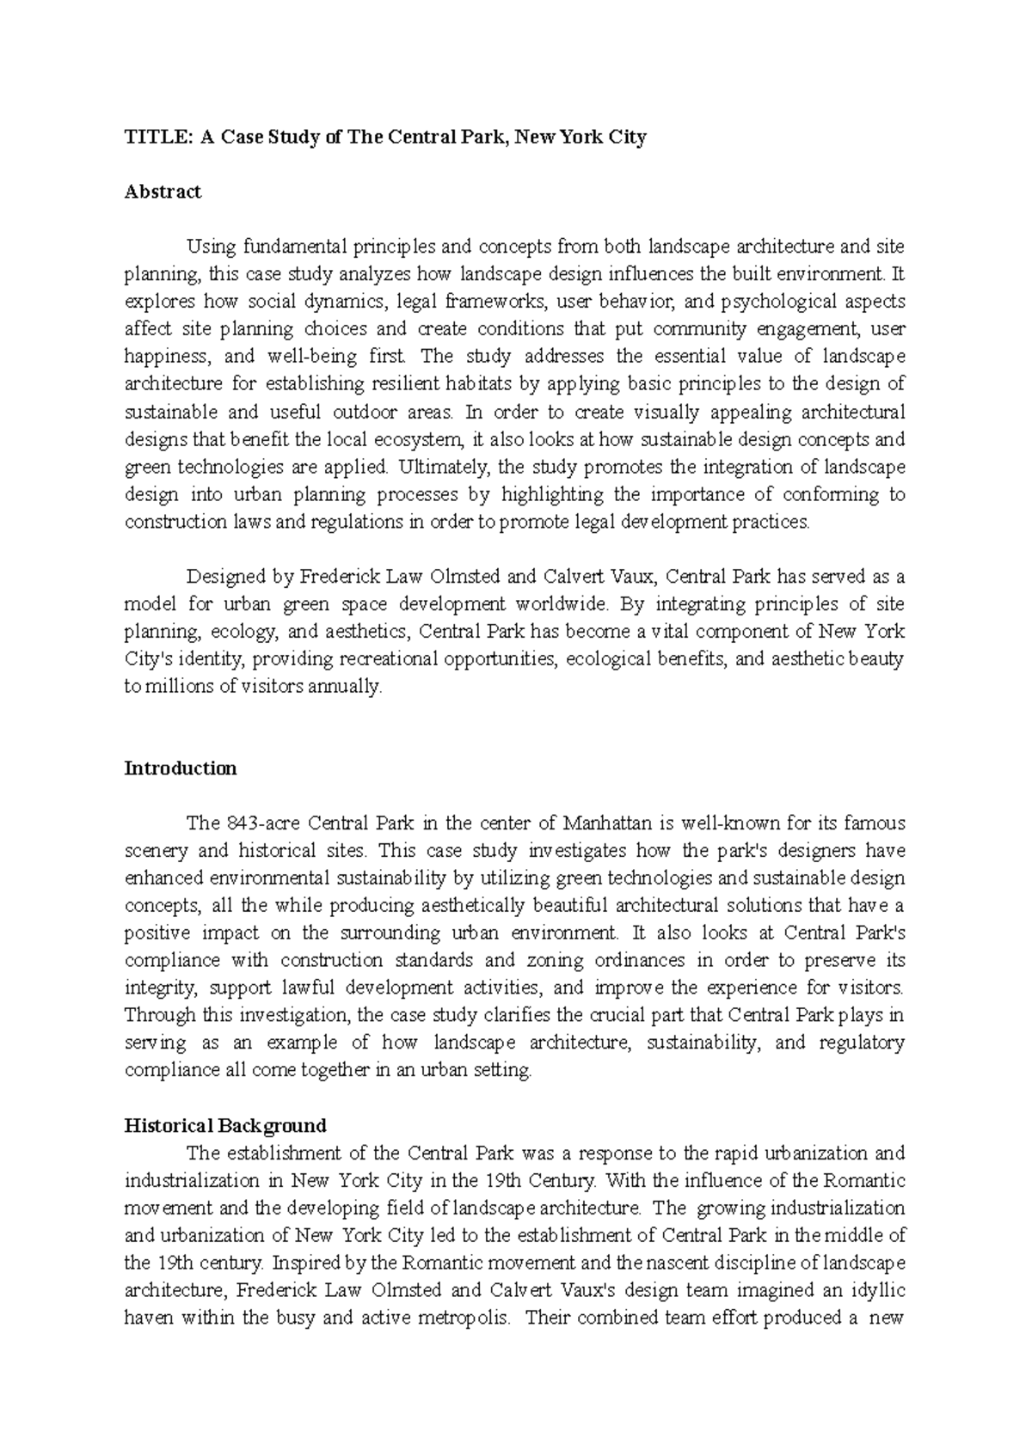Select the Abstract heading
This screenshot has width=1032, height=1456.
pyautogui.click(x=163, y=192)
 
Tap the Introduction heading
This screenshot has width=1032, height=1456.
pyautogui.click(x=181, y=768)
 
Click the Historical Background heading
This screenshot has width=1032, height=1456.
pyautogui.click(x=225, y=1125)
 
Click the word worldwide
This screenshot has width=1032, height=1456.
pyautogui.click(x=562, y=604)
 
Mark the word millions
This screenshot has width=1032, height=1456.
pyautogui.click(x=175, y=687)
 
